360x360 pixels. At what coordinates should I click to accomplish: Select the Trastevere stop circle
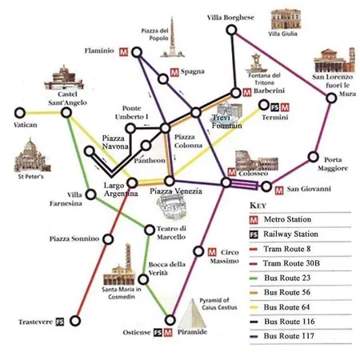pyautogui.click(x=75, y=322)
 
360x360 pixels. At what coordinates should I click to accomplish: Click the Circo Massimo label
pyautogui.click(x=230, y=256)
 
